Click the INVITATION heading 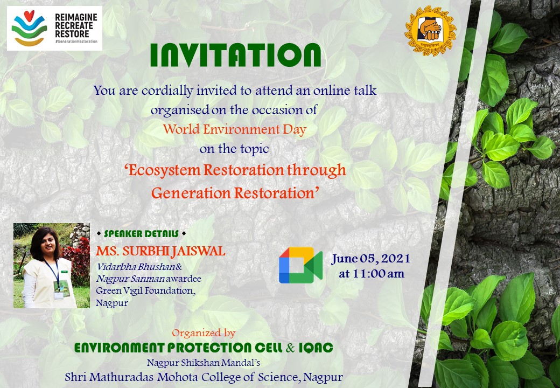[x=235, y=56]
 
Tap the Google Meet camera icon [x=300, y=265]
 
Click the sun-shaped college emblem [x=430, y=31]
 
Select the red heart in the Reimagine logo [x=29, y=16]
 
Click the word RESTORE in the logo [x=72, y=34]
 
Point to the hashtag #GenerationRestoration [x=76, y=41]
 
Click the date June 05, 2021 [x=370, y=259]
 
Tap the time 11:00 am [x=372, y=274]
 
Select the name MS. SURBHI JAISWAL [x=160, y=251]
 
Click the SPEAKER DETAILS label [x=142, y=234]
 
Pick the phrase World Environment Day [x=235, y=129]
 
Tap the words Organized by [x=204, y=334]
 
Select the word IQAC [x=316, y=348]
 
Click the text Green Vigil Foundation [x=145, y=291]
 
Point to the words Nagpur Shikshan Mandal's [x=203, y=363]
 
